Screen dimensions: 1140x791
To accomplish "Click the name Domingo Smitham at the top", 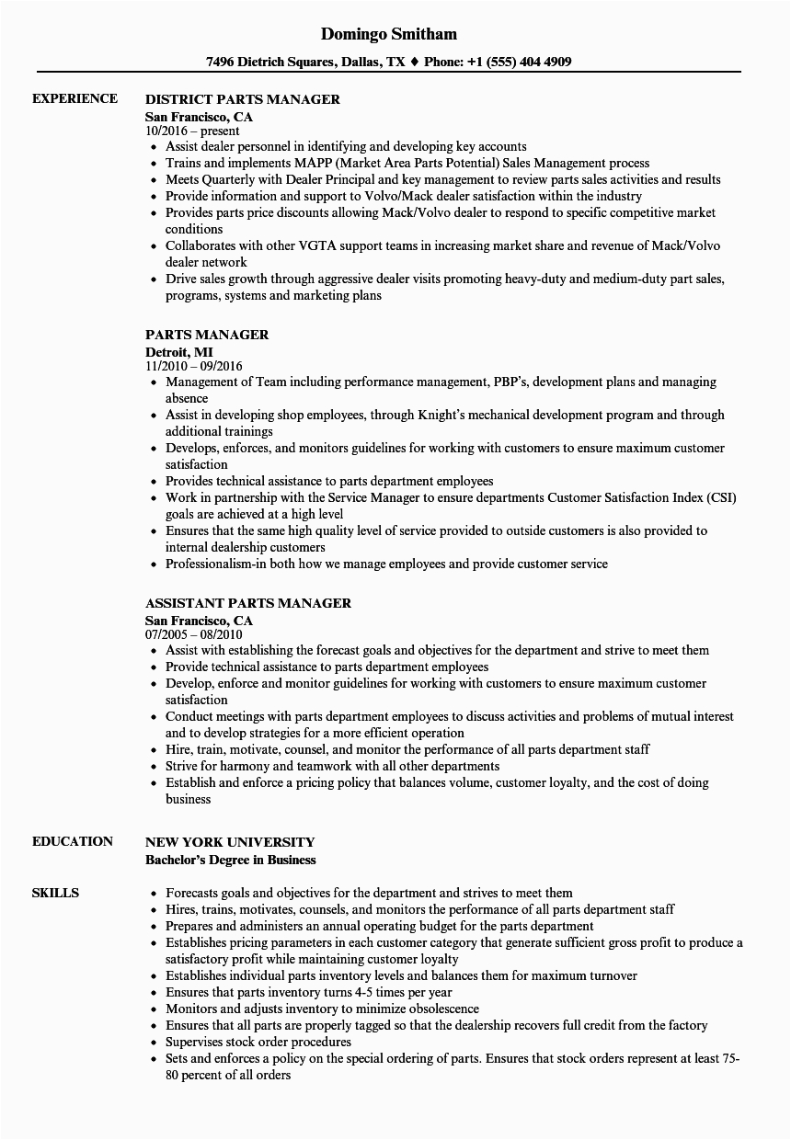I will [389, 34].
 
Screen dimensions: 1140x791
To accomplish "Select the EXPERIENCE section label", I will [75, 98].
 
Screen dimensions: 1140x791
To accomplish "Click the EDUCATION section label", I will [73, 841].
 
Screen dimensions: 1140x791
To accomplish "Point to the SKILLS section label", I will [55, 893].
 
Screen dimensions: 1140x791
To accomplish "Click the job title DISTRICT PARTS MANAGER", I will [243, 99].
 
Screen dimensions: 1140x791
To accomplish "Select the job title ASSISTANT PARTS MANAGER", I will [248, 603].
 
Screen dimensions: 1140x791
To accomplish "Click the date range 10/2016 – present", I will [192, 131].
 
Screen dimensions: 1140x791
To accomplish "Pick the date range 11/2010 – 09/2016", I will [194, 366].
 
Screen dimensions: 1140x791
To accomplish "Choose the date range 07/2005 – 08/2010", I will [193, 634].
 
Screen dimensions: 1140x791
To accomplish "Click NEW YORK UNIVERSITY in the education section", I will [230, 842].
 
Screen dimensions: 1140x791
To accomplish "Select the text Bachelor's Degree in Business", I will [231, 860].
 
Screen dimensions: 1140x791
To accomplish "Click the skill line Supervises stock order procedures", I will [258, 1042].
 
